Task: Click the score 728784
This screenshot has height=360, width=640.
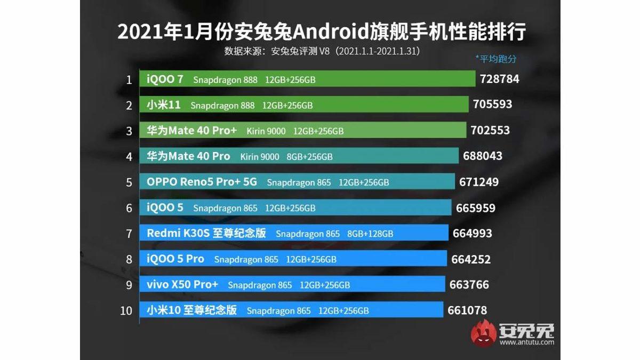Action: point(499,79)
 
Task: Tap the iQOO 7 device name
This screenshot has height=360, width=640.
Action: point(165,79)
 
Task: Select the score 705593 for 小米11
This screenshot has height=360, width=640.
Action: point(492,105)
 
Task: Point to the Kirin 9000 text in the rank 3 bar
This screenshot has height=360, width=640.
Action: point(266,131)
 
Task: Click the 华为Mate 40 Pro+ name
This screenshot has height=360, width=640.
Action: point(191,130)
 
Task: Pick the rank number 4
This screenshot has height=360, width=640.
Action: point(129,157)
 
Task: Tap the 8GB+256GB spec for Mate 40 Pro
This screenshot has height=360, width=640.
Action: point(309,157)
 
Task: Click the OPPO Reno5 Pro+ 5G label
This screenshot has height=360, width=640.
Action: point(202,182)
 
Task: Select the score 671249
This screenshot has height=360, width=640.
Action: point(478,182)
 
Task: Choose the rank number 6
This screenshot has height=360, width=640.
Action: point(129,208)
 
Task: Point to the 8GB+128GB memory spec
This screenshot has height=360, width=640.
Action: point(370,234)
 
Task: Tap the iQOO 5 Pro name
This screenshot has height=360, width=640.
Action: point(175,259)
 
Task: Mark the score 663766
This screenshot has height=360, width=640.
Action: point(469,285)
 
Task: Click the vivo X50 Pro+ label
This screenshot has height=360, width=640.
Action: point(182,284)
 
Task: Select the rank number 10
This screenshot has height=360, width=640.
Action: point(126,310)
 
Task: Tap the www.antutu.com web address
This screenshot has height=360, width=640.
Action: point(526,343)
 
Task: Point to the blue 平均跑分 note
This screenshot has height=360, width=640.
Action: point(495,59)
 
